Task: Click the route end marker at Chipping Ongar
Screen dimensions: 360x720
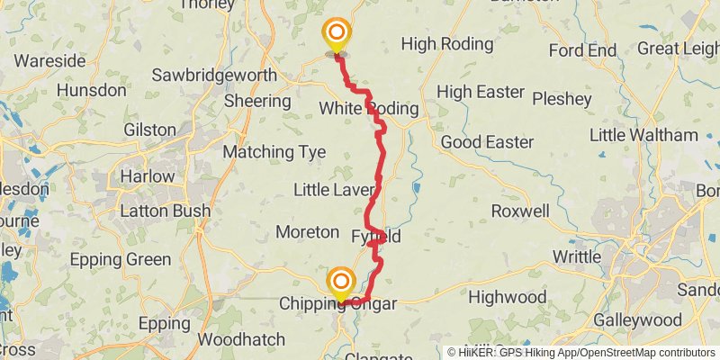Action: click(340, 284)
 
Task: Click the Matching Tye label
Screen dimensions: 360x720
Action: click(274, 152)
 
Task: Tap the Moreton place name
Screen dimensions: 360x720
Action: click(307, 232)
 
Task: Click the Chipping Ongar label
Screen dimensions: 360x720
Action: click(337, 304)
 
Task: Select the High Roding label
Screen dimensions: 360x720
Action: click(450, 43)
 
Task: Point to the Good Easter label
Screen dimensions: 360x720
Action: click(487, 142)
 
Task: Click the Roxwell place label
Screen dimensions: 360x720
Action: click(520, 211)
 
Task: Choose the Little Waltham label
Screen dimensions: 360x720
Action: click(643, 135)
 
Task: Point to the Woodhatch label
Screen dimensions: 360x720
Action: click(241, 340)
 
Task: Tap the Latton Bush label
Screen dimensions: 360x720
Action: click(166, 211)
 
